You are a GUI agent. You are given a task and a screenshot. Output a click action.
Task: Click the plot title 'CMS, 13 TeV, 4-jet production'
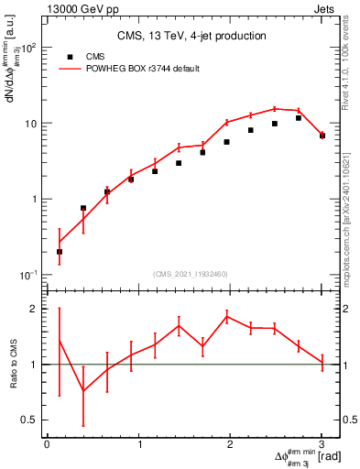pyautogui.click(x=191, y=36)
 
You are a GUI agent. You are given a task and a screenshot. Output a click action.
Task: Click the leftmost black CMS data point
pyautogui.click(x=60, y=251)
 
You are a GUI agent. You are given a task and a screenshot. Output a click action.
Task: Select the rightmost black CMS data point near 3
pyautogui.click(x=322, y=136)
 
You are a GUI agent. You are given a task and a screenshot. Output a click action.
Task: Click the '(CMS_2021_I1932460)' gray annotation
pyautogui.click(x=191, y=273)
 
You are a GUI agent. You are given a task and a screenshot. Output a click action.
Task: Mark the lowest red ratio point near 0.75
pyautogui.click(x=83, y=391)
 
